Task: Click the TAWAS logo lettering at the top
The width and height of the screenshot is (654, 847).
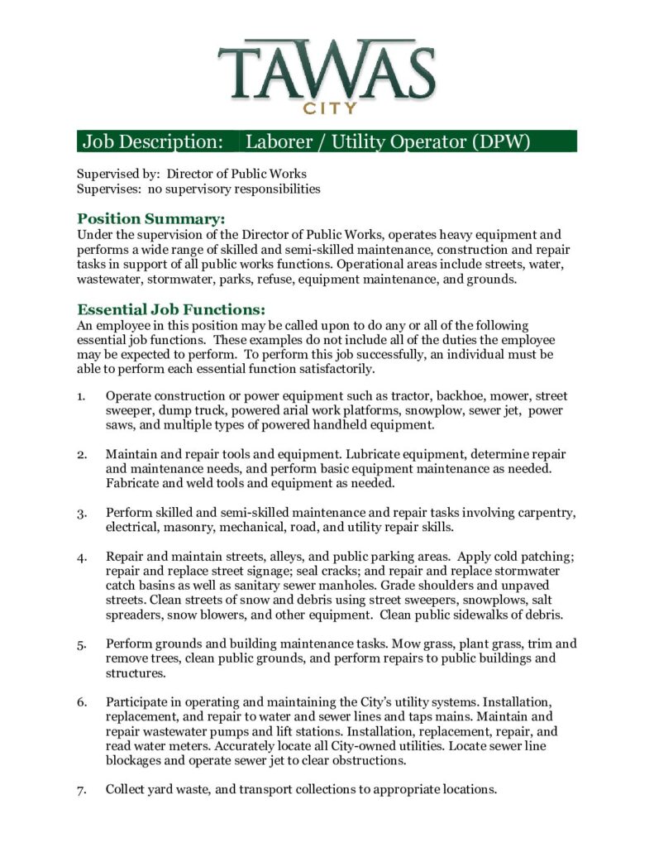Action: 327,69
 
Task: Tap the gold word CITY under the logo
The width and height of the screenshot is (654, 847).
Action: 329,108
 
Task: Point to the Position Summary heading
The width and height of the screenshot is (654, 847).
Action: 151,219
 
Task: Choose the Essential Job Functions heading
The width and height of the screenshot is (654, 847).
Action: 171,309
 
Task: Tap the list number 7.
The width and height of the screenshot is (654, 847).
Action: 82,790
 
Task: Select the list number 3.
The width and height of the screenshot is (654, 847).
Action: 82,514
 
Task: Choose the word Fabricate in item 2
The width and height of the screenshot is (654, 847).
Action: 132,483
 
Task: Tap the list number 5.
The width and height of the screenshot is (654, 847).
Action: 82,644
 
